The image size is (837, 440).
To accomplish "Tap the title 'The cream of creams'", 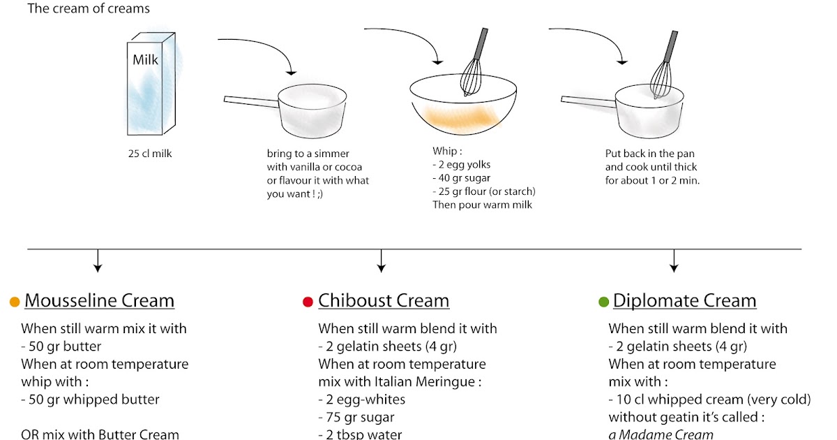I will coord(89,9).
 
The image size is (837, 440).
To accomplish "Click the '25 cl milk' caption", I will coord(145,153).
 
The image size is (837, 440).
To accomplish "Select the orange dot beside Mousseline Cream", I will coord(14,302).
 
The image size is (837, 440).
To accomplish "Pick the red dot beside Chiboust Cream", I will coord(308,302).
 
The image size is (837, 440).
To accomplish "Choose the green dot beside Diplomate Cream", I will coord(603,302).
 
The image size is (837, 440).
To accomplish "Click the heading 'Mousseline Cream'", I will coord(99,301).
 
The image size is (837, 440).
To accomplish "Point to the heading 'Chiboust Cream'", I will coord(384,301).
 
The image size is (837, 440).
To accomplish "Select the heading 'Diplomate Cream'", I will coord(684,301).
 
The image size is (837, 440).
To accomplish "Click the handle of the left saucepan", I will coord(250,102).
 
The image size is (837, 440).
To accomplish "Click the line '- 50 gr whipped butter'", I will coord(90,399).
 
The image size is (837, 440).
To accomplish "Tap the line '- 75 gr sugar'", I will coord(356,417).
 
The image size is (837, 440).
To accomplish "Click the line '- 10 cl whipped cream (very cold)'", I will coord(709,399).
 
